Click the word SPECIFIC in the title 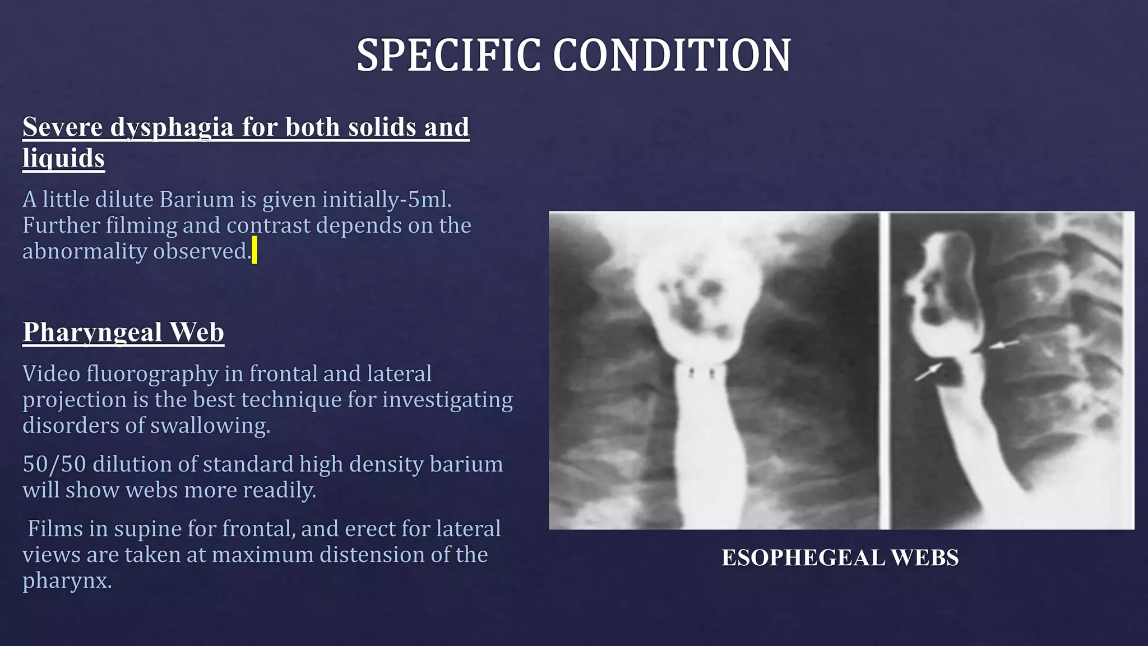(x=449, y=56)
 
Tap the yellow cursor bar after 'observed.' (x=254, y=250)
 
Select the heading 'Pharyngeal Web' (x=123, y=332)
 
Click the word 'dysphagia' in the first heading (x=172, y=127)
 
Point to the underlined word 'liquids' (x=63, y=158)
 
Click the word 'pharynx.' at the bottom (x=67, y=580)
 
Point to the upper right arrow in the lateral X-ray (x=1003, y=344)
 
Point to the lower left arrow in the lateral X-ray (x=928, y=371)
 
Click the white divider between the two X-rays (x=885, y=370)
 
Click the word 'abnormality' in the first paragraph (x=84, y=251)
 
